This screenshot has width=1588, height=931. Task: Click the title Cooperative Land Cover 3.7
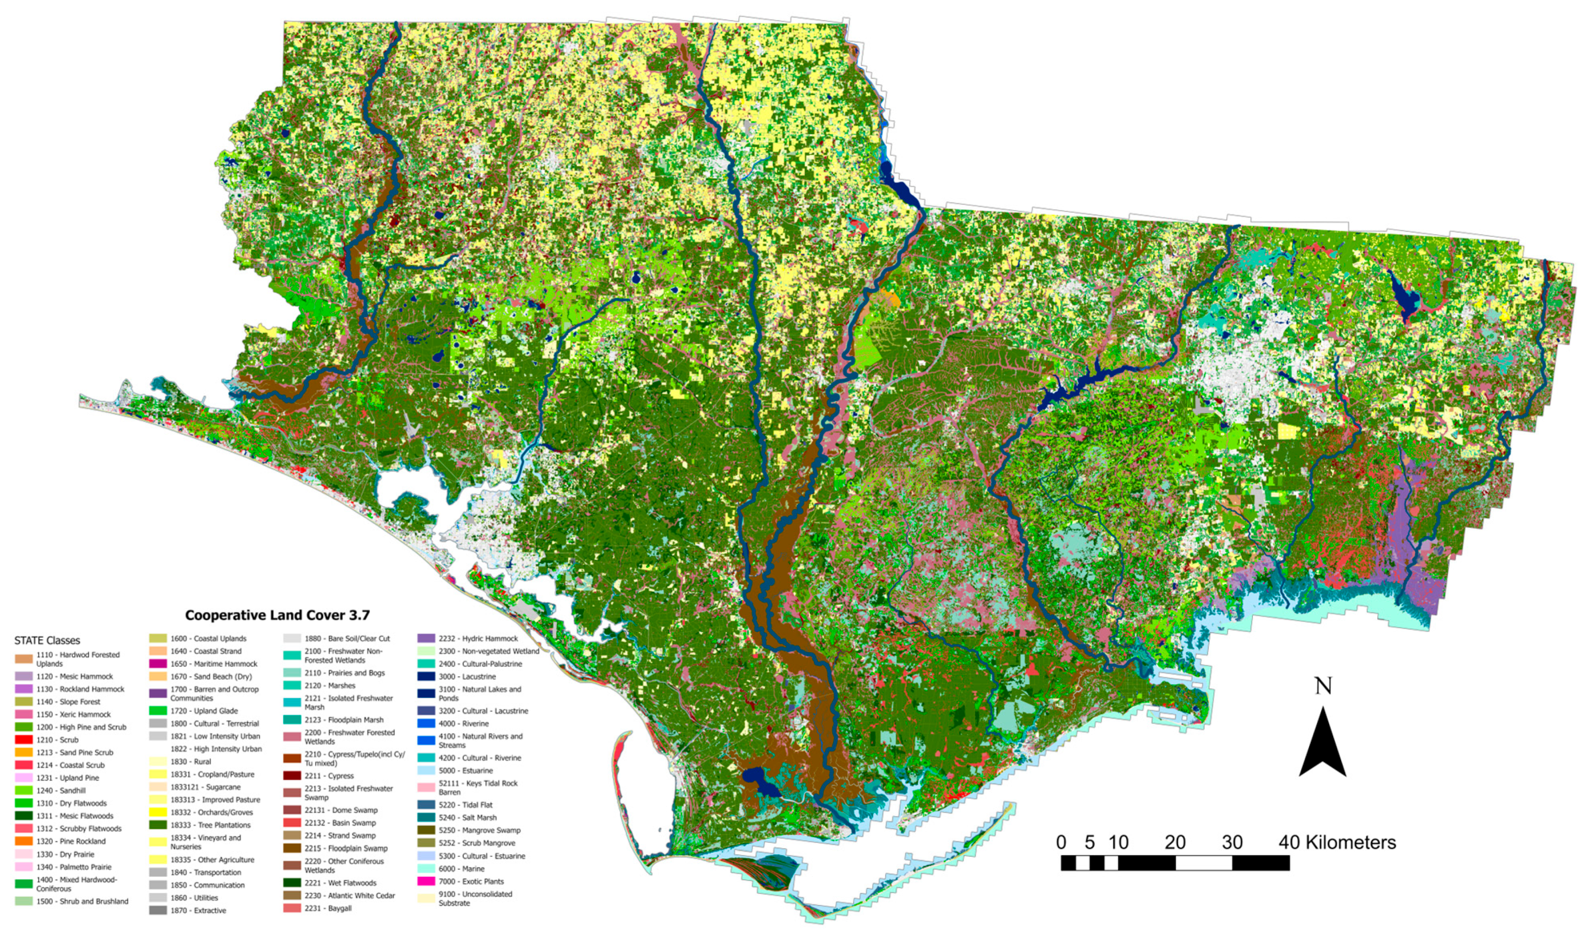pos(277,615)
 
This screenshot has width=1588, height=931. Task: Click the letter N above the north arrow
pos(1323,686)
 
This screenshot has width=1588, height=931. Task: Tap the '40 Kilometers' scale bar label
pos(1337,842)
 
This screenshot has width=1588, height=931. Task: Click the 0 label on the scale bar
pos(1061,842)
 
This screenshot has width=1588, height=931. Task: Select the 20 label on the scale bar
pos(1175,842)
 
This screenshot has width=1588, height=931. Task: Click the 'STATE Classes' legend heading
pos(47,641)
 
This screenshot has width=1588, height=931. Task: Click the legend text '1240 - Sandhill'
pos(61,791)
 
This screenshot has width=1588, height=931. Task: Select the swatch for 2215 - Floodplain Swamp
pos(292,848)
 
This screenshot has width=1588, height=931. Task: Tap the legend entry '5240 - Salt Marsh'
pos(467,818)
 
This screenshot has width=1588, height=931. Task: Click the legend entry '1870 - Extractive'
pos(198,910)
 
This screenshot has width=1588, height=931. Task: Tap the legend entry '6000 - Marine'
pos(461,869)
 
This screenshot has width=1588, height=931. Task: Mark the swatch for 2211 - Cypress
pos(292,776)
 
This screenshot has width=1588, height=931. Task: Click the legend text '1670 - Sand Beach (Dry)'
pos(211,676)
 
